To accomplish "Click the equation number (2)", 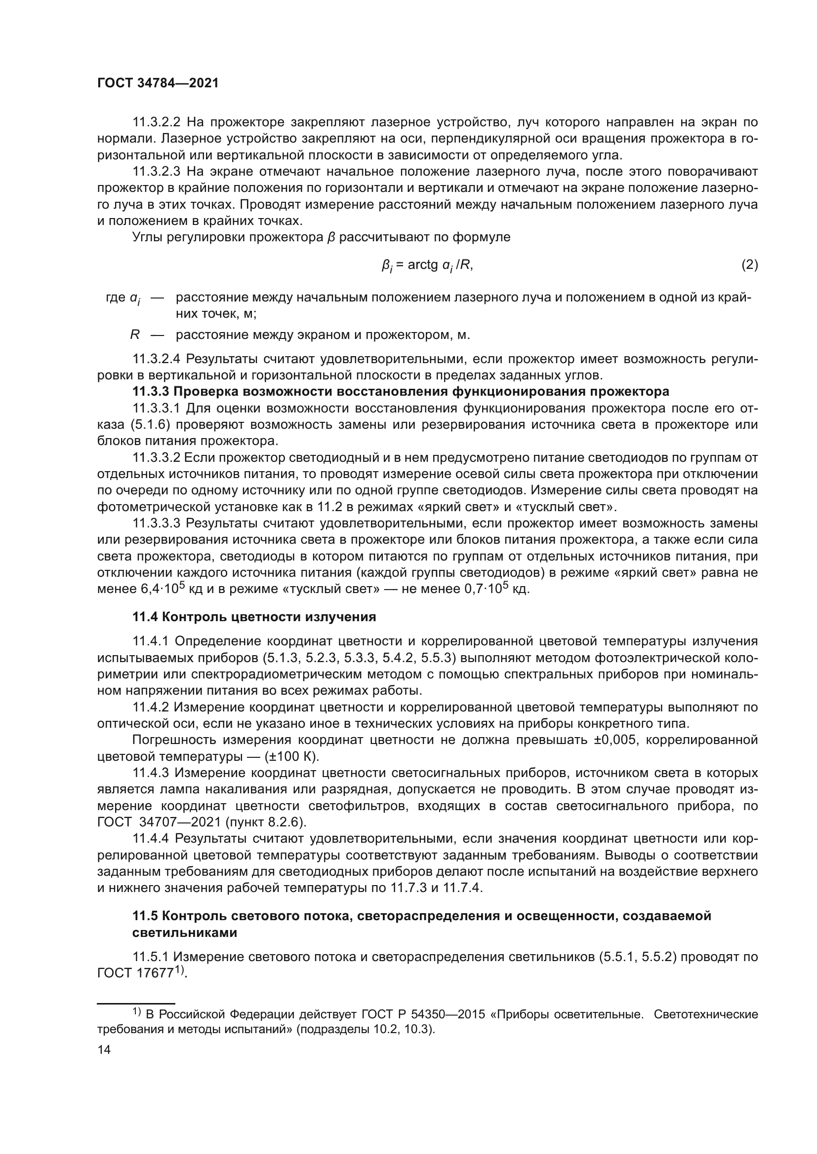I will coord(749,264).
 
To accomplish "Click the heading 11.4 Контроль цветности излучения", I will coord(254,617).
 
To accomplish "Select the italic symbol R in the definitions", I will coord(134,335).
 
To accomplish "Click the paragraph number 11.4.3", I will coord(151,773).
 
